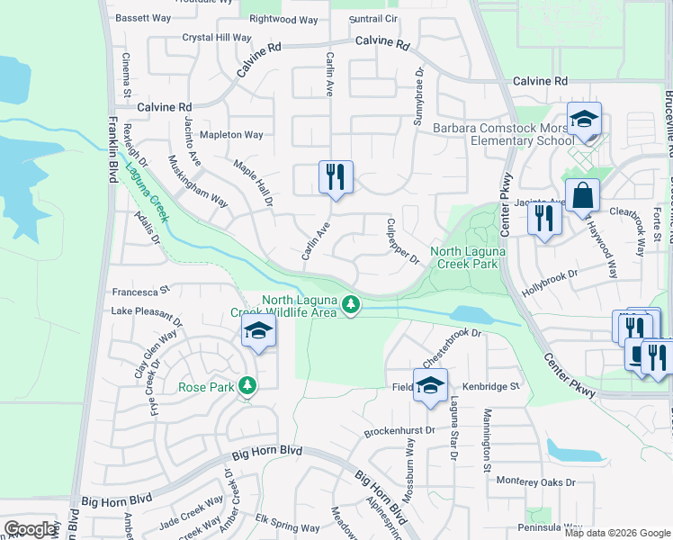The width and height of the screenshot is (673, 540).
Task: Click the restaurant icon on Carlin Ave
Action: [x=336, y=176]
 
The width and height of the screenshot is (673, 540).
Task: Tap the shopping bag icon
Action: [x=583, y=195]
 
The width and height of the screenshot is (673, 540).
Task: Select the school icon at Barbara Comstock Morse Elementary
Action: [x=584, y=121]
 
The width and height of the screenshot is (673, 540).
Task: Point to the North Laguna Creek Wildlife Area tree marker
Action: [x=352, y=307]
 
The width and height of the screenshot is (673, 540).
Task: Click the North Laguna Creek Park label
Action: [x=464, y=258]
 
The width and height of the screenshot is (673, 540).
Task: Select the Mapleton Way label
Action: [x=231, y=135]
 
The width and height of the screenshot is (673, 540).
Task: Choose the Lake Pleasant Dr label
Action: [x=147, y=310]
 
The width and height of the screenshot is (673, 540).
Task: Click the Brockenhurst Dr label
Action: [x=399, y=432]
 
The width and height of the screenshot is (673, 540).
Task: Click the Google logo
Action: [x=30, y=529]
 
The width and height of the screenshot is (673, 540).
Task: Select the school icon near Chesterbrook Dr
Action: [x=430, y=384]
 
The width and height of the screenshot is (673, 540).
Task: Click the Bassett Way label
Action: [x=145, y=17]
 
